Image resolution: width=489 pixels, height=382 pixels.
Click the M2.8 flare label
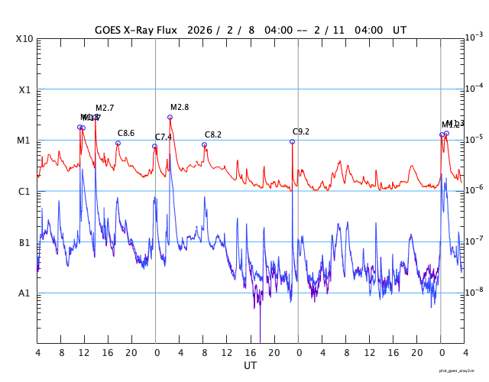click(x=180, y=107)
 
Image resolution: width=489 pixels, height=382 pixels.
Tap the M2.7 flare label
click(x=105, y=108)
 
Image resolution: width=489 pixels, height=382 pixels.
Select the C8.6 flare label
click(x=126, y=133)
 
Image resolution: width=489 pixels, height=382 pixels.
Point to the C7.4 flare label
click(x=164, y=137)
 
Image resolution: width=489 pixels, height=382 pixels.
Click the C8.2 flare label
click(x=213, y=134)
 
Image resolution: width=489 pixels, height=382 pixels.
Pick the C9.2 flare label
click(x=301, y=131)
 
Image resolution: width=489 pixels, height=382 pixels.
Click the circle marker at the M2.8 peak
click(x=170, y=117)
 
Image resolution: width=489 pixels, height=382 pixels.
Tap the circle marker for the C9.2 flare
click(x=292, y=141)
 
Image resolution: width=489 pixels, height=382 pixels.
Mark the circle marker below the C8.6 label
click(x=118, y=143)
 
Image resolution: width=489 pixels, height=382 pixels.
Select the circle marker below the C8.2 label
click(x=204, y=144)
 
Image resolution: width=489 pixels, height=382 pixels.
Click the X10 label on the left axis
click(x=25, y=39)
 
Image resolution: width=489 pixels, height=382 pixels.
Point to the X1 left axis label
click(x=25, y=89)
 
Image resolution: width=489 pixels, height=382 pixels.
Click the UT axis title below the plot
click(x=251, y=366)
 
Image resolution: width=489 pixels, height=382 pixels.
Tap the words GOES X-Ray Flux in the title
click(x=136, y=30)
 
